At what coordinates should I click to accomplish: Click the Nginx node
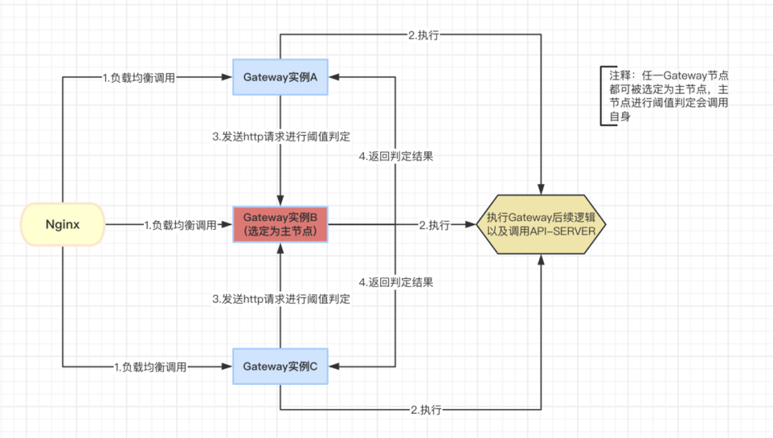tap(63, 224)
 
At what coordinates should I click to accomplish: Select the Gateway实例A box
tap(280, 77)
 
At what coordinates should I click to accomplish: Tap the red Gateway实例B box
tap(280, 224)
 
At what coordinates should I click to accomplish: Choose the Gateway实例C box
tap(280, 366)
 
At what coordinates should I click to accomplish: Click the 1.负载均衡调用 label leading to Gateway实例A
tap(139, 77)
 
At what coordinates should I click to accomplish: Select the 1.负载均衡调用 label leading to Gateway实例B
tap(180, 225)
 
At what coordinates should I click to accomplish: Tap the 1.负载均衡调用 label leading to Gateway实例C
tap(150, 367)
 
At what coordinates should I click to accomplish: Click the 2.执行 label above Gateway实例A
tap(424, 34)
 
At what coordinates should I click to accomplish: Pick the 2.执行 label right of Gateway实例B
tap(434, 225)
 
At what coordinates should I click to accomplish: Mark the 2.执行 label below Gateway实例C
tap(427, 410)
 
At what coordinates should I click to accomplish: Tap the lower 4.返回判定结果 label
tap(396, 282)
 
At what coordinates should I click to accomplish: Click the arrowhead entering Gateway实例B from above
tap(280, 201)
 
